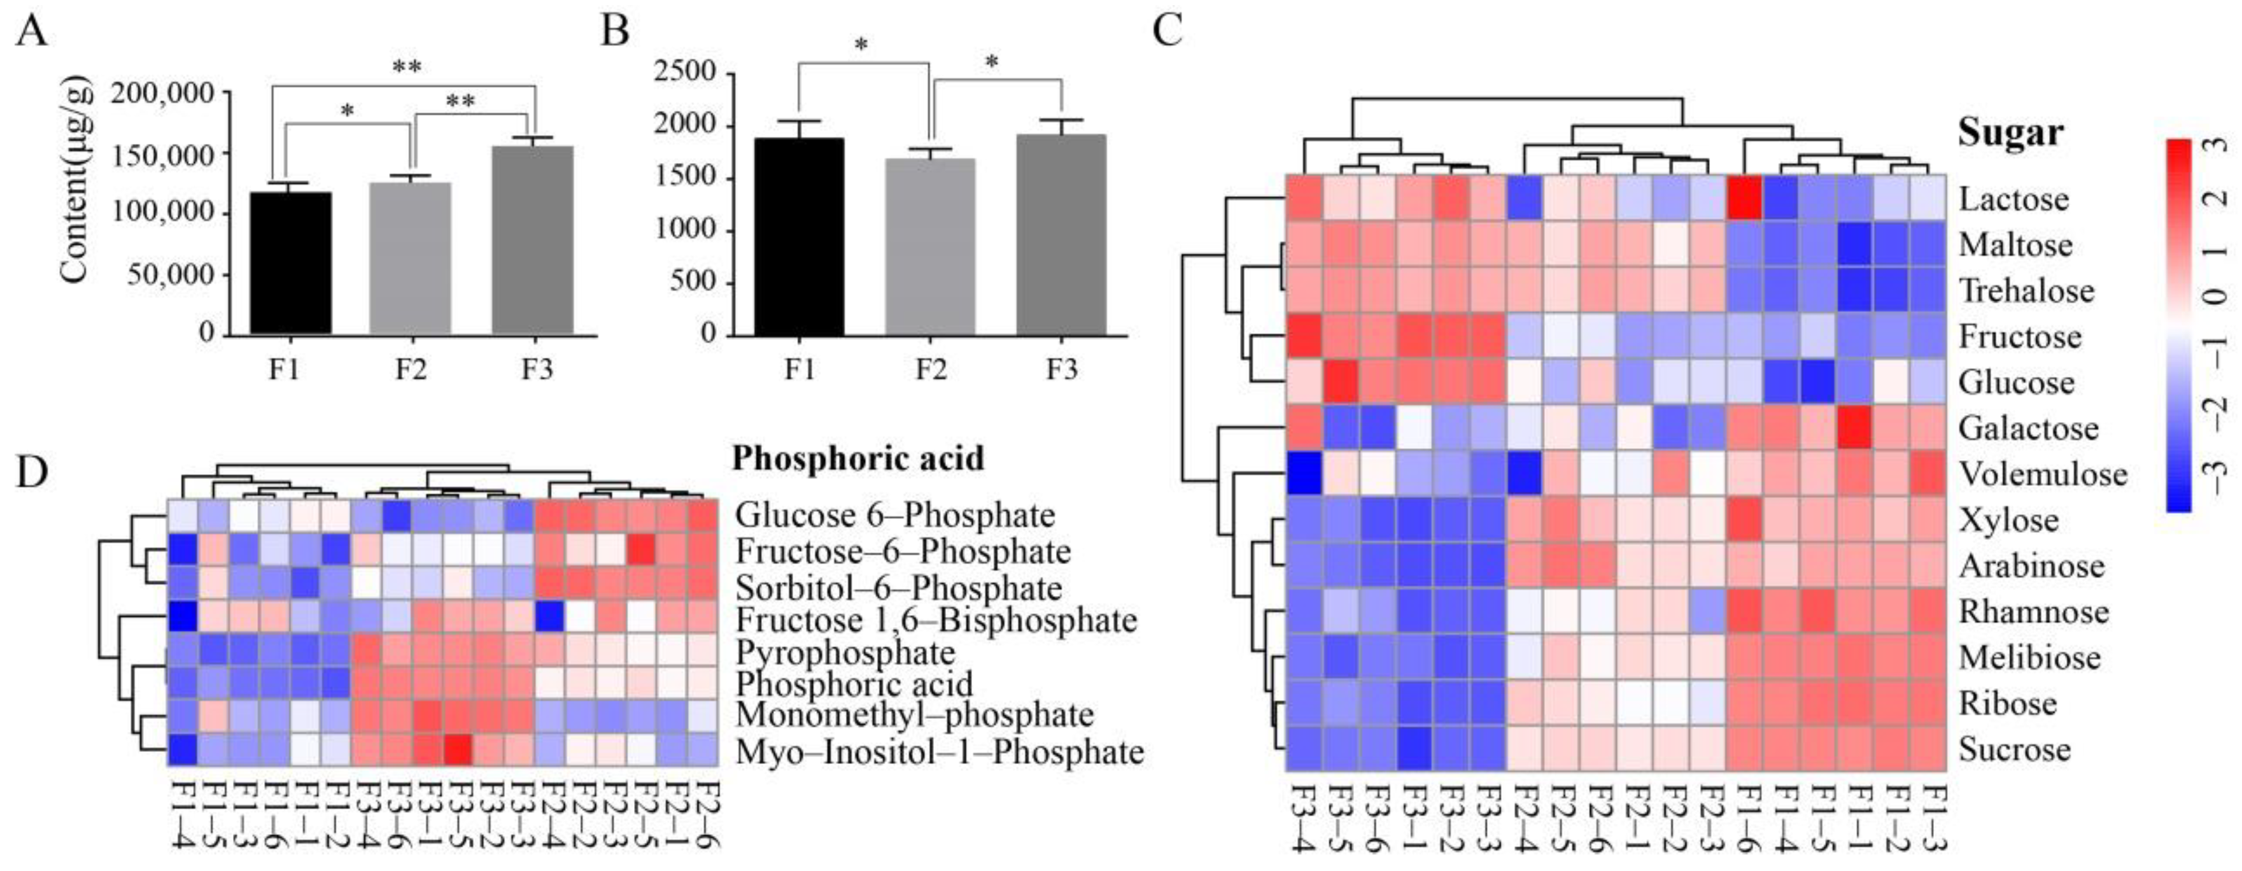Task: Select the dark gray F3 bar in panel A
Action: (533, 240)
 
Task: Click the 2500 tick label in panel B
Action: (684, 72)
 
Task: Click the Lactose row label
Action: (2013, 199)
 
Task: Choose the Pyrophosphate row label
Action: (844, 652)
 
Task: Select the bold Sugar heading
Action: (2010, 132)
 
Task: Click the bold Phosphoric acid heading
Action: (857, 458)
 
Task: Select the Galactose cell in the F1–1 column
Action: (1855, 427)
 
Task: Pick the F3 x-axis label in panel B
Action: (1061, 370)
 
